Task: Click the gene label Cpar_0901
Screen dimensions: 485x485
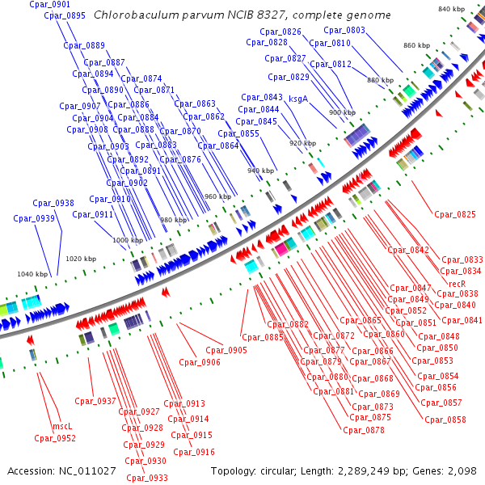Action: click(49, 5)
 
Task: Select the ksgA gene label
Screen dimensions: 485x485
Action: click(298, 99)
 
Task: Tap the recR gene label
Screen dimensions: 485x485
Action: click(458, 283)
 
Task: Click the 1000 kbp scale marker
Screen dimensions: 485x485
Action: click(127, 240)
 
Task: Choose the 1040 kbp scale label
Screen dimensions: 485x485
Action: click(33, 274)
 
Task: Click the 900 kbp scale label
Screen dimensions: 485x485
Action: click(341, 112)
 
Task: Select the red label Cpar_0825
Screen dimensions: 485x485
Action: click(455, 214)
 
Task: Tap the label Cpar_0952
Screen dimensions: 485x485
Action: click(55, 438)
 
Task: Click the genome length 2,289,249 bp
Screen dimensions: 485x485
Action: click(369, 470)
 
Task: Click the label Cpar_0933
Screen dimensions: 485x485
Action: click(147, 478)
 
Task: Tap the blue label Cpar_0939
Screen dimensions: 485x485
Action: click(33, 218)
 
